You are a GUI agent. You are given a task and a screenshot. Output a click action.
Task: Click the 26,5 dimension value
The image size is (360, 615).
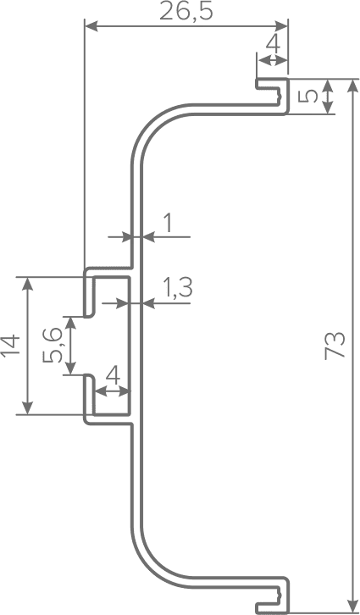click(x=186, y=12)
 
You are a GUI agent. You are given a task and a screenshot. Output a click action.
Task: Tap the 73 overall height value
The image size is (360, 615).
click(x=335, y=346)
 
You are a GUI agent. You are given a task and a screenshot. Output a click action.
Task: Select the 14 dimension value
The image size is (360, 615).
click(x=10, y=346)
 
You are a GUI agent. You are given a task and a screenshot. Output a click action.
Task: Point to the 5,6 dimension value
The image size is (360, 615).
click(x=53, y=345)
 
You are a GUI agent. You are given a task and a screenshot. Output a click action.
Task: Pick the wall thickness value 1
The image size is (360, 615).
click(x=168, y=224)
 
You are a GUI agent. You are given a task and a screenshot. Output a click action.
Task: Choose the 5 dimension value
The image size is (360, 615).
click(x=307, y=96)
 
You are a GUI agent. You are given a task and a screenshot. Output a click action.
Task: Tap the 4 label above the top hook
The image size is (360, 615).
click(x=274, y=45)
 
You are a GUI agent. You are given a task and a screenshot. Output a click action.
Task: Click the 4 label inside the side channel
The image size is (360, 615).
click(x=113, y=377)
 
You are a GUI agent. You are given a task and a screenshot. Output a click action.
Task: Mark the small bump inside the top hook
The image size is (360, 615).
click(x=279, y=96)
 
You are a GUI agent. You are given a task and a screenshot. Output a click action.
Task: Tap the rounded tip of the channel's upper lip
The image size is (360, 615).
click(x=89, y=314)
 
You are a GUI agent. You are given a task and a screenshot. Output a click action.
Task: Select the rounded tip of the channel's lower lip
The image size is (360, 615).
click(x=89, y=377)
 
